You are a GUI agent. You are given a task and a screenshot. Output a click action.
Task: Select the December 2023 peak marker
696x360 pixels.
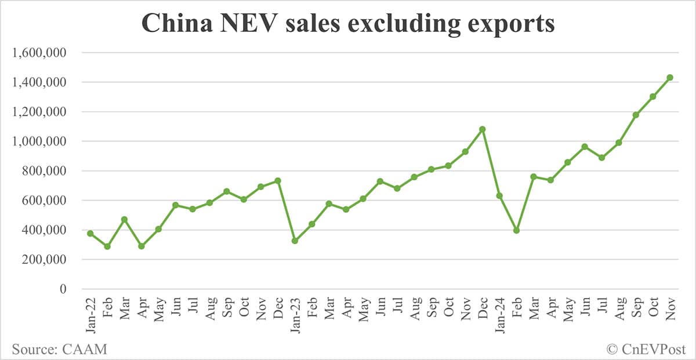482,129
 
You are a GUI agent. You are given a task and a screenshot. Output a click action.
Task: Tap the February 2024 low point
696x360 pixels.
516,230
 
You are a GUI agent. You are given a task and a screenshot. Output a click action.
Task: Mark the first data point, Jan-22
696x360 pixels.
90,233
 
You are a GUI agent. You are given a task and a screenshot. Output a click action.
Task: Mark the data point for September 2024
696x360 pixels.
636,115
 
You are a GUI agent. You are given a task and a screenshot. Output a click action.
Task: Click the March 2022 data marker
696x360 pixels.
124,220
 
